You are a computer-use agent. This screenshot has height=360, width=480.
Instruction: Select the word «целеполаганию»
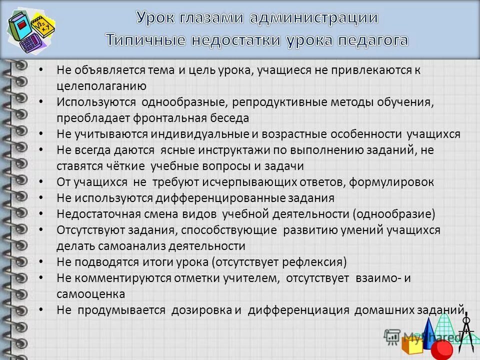101,85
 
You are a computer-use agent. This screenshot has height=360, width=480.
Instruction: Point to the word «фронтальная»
171,118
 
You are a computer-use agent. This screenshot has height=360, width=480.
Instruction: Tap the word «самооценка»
90,293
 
